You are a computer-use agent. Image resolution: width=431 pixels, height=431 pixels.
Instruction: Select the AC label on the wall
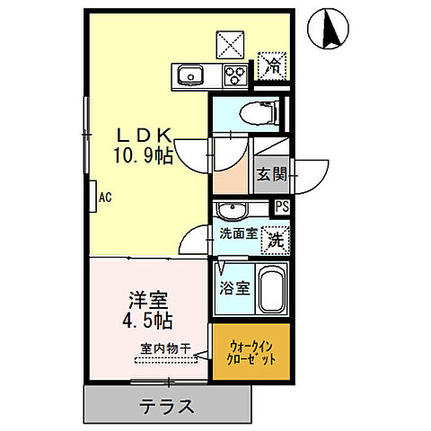104,197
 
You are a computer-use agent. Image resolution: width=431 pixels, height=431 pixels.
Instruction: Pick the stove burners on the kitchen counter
234,75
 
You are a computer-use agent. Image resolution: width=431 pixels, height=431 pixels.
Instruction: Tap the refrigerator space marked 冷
271,65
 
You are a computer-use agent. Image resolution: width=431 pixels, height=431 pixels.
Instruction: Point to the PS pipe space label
283,207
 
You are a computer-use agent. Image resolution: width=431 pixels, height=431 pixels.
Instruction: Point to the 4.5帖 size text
147,320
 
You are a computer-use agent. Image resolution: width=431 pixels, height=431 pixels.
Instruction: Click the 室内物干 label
166,348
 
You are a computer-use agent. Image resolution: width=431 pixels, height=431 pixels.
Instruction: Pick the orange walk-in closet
251,354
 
